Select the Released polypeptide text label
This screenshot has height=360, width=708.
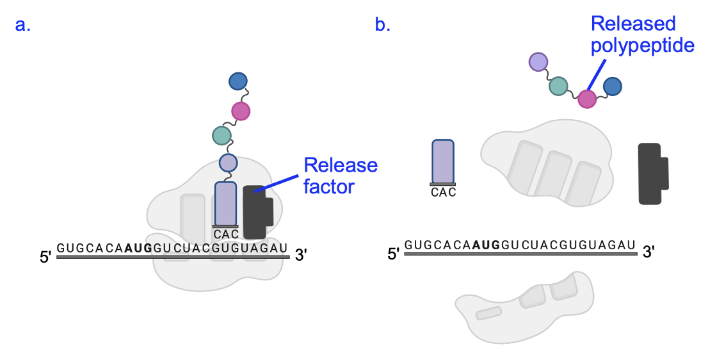(x=633, y=35)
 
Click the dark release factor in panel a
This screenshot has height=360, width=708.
(x=257, y=206)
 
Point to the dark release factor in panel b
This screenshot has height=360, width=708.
(x=652, y=174)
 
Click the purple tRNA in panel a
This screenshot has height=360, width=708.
(x=225, y=203)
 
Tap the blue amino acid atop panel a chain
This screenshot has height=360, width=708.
(x=237, y=81)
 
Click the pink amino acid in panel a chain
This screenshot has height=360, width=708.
(x=241, y=111)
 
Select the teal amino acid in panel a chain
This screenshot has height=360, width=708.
(x=221, y=135)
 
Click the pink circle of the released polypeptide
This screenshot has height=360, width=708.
(x=587, y=99)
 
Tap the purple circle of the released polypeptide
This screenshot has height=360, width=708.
(x=538, y=61)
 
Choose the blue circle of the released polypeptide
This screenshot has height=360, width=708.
(x=613, y=86)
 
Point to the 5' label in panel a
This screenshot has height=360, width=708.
(x=45, y=258)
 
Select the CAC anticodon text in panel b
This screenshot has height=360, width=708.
(x=444, y=192)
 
